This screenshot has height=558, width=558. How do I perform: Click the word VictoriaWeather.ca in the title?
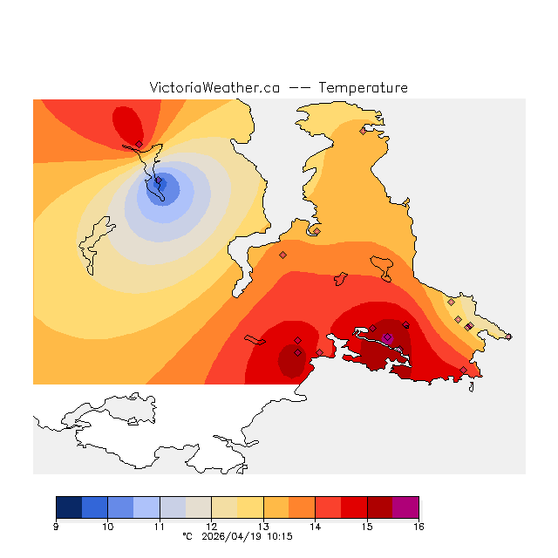click(214, 88)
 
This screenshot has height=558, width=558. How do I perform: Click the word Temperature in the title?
click(363, 88)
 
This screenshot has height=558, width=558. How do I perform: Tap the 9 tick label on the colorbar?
click(56, 527)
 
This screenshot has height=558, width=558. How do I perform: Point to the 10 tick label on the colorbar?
click(107, 527)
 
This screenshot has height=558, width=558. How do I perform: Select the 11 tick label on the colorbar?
click(160, 527)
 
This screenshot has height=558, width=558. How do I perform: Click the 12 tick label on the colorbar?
click(211, 527)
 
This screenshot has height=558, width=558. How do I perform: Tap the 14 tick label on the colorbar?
click(315, 527)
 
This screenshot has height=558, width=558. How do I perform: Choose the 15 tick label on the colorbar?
click(367, 527)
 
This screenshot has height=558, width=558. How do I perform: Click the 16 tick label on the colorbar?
click(418, 527)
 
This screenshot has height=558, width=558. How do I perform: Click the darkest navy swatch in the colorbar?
click(69, 507)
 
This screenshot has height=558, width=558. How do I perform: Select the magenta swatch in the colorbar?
click(405, 507)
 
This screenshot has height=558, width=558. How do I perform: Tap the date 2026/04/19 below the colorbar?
click(230, 537)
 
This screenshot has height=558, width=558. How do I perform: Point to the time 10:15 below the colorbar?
click(279, 537)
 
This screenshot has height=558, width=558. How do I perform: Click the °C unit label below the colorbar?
click(187, 537)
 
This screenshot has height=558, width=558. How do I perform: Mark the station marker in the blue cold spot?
click(158, 180)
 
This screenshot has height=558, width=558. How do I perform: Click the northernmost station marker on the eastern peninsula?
click(363, 131)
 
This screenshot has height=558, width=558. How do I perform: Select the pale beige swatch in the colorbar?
click(198, 507)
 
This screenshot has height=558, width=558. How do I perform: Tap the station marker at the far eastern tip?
click(508, 337)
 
